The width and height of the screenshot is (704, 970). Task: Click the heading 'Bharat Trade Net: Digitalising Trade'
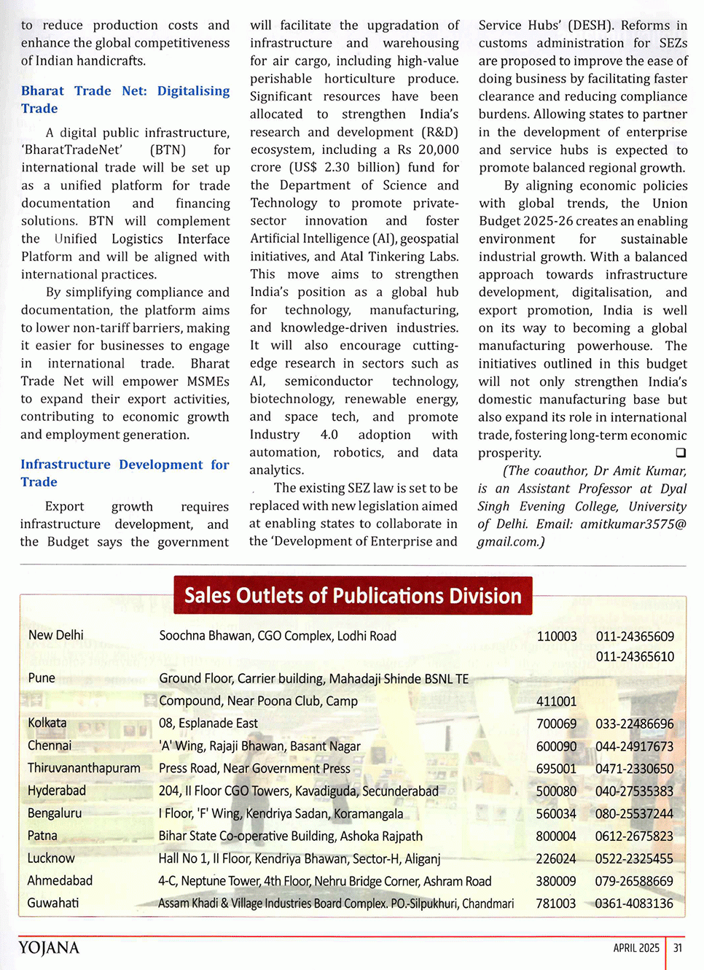coord(125,99)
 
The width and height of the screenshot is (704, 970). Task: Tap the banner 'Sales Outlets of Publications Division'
coord(353,596)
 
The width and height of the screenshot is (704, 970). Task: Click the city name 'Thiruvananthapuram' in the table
coord(84,768)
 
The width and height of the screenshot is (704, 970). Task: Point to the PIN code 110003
coord(556,636)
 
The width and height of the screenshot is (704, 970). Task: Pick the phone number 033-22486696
coord(634,723)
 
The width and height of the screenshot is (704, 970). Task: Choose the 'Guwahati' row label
coord(52,903)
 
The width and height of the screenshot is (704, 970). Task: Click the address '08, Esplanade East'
coord(208,723)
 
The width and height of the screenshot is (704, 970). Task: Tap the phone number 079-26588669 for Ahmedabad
coord(634,881)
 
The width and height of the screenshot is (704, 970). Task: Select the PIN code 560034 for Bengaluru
coord(556,813)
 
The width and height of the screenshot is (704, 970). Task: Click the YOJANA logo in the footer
coord(49,947)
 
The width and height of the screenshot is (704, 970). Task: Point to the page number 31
coord(678,948)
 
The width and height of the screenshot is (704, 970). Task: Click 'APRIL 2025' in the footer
coord(635,948)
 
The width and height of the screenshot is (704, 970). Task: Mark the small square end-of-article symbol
coord(681,453)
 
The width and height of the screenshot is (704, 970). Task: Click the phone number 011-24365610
coord(634,656)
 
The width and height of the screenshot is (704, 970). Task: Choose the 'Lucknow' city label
coord(51,858)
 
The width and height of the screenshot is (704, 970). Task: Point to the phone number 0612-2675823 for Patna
coord(634,836)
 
